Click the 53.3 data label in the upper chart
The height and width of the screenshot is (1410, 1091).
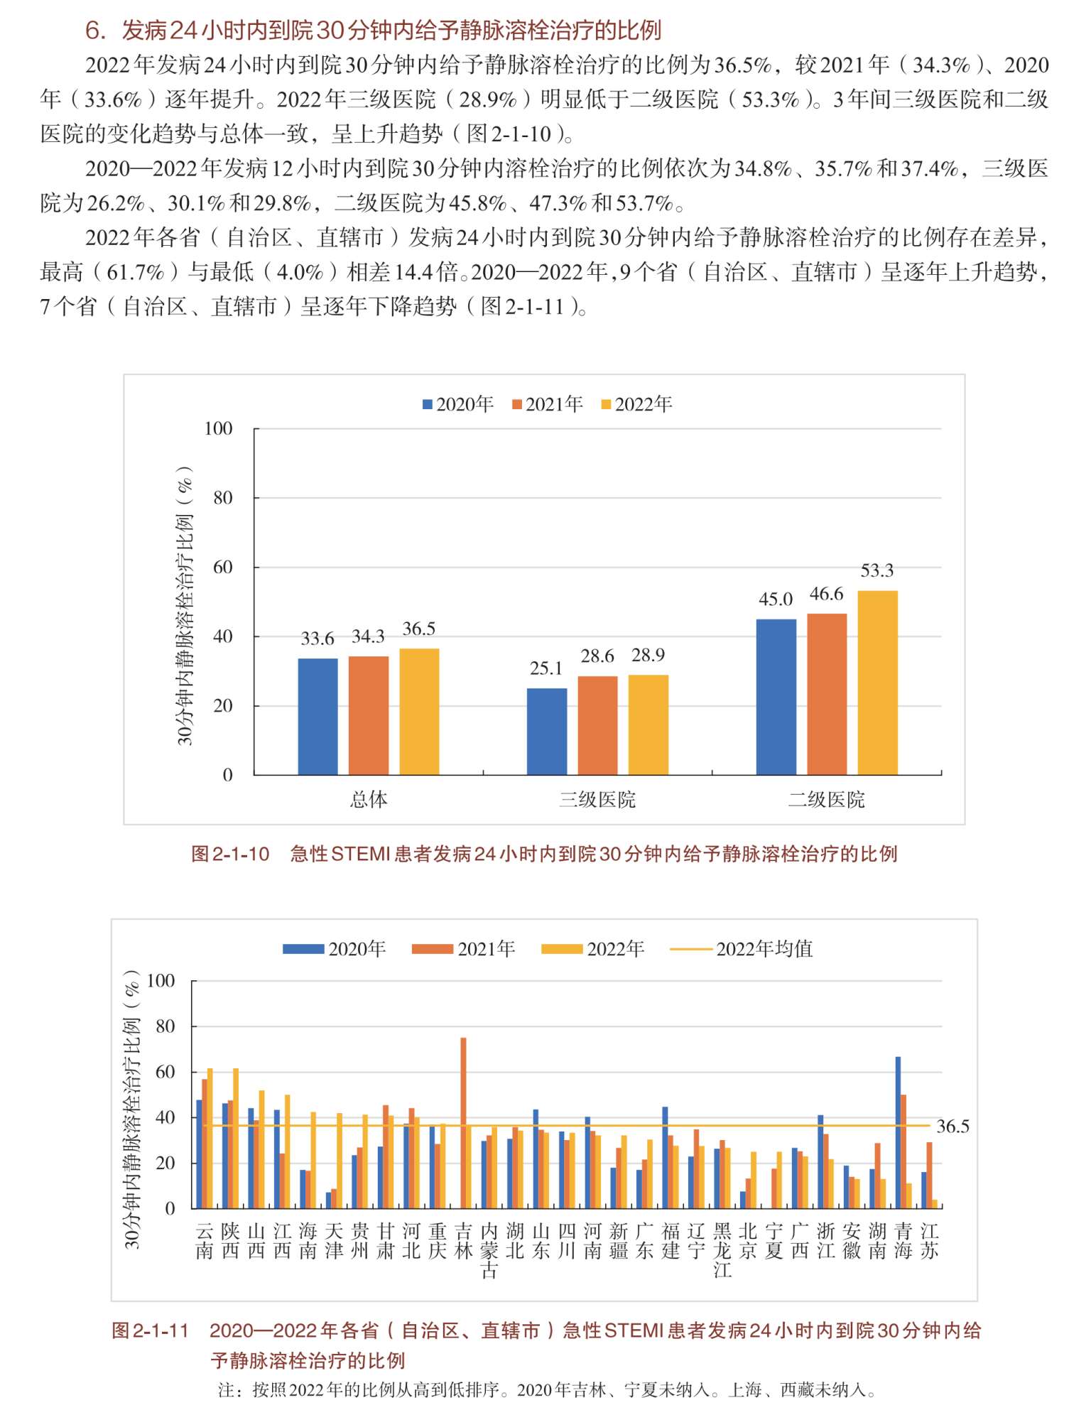tap(877, 570)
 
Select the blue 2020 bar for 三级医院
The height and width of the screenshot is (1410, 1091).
tap(547, 732)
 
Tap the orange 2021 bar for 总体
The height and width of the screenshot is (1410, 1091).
tap(369, 715)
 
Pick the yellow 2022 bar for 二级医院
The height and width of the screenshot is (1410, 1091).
tap(878, 683)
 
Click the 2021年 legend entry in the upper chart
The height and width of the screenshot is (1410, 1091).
tap(548, 404)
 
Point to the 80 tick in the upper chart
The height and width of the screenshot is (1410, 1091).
tap(223, 498)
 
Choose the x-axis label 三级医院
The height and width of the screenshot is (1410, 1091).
tap(597, 800)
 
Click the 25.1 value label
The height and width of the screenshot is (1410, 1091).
tap(546, 668)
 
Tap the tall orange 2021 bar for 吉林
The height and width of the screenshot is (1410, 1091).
tap(463, 1122)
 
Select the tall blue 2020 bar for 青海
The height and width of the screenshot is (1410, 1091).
tap(898, 1132)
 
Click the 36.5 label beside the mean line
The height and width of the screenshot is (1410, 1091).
tap(952, 1127)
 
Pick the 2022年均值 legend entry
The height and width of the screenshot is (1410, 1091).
tap(742, 949)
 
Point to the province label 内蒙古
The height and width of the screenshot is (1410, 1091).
tap(489, 1251)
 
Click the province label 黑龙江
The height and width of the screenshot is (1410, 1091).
tap(722, 1251)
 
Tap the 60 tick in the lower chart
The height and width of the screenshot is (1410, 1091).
tap(165, 1072)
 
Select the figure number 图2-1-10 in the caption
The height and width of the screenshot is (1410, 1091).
tap(230, 854)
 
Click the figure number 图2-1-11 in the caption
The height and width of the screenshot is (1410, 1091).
tap(151, 1330)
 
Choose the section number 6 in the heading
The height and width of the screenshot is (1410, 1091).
tap(92, 31)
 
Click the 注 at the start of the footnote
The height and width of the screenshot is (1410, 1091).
tap(226, 1389)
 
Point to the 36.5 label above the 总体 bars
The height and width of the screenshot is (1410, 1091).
tap(419, 629)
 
